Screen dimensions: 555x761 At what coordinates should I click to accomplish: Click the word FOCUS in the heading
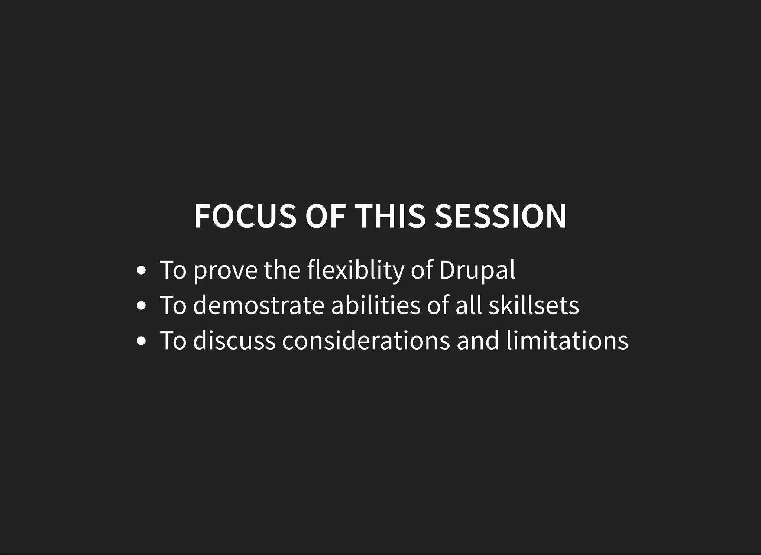pyautogui.click(x=245, y=217)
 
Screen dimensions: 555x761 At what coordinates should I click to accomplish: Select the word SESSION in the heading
pyautogui.click(x=500, y=217)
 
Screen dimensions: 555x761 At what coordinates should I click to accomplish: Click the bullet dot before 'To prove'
pyautogui.click(x=141, y=271)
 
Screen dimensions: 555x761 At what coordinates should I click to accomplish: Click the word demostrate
pyautogui.click(x=259, y=305)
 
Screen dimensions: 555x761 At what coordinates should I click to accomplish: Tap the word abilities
pyautogui.click(x=376, y=305)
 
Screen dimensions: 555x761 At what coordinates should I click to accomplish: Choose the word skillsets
pyautogui.click(x=534, y=305)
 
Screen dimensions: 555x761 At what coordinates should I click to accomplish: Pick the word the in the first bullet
pyautogui.click(x=282, y=270)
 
